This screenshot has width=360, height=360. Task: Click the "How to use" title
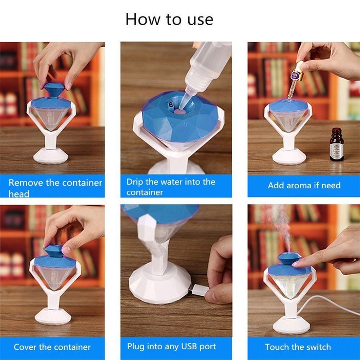[169, 19]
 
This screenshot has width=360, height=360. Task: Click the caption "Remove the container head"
[55, 188]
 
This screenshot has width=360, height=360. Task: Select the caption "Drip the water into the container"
[171, 187]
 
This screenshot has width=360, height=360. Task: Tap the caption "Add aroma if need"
[304, 185]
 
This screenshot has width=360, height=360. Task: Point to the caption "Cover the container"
[52, 347]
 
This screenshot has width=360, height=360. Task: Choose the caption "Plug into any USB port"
[171, 346]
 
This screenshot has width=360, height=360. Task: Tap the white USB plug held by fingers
[199, 290]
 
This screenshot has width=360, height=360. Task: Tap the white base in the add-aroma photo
[290, 156]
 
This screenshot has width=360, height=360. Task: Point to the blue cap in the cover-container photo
[53, 253]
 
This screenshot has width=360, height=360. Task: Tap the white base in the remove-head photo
[50, 155]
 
